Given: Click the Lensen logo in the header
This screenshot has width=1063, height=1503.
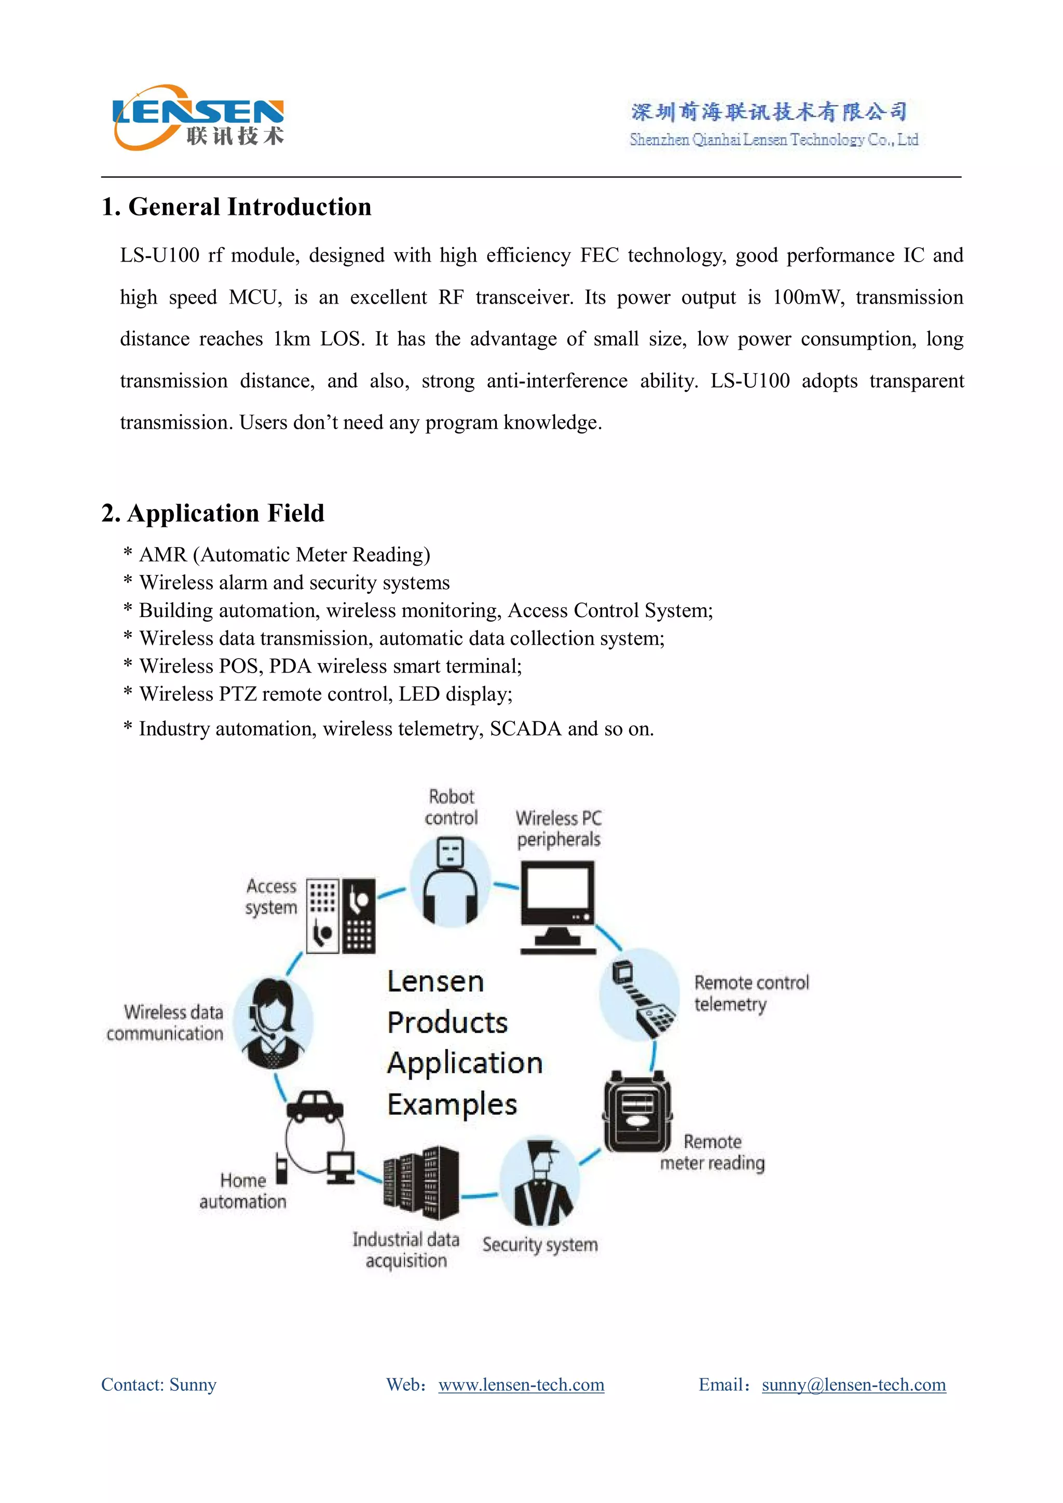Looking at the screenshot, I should [198, 118].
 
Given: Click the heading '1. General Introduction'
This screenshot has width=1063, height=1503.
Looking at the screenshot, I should [236, 207].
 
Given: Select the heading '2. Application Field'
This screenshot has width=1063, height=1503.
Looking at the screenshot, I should [213, 513].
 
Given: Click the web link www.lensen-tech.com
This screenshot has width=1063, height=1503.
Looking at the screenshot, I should [521, 1385].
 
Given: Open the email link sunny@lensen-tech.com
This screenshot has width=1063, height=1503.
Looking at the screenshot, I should [853, 1385].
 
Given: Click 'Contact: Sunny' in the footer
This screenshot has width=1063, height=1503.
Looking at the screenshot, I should [158, 1385].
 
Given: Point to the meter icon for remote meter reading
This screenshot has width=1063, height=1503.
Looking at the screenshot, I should [637, 1112].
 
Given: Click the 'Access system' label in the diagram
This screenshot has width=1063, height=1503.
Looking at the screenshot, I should [271, 897].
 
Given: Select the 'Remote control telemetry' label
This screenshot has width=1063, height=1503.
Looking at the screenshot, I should [751, 993].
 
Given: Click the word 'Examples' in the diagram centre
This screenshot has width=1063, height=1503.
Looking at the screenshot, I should [452, 1104].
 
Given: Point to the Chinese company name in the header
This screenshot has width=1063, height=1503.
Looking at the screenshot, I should [769, 112].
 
